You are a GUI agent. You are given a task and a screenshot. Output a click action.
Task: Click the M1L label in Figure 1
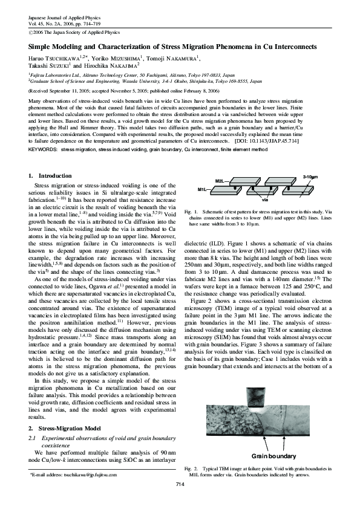coord(203,189)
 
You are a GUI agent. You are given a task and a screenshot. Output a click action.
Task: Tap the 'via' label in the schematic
coord(264,199)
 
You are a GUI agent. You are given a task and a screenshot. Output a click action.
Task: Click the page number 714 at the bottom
coord(180,485)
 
